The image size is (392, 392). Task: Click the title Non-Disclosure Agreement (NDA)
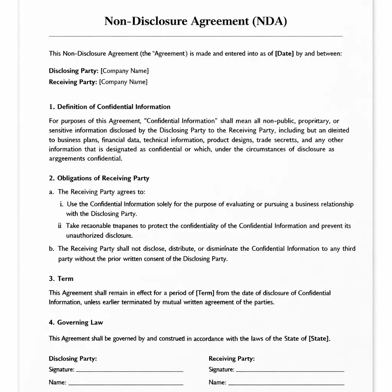coord(196,21)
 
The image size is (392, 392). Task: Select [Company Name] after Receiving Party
coord(123,82)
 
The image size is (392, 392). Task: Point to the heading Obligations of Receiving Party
coord(103,178)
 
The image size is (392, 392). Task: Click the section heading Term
coord(65,279)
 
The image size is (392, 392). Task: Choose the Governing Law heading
coord(80,322)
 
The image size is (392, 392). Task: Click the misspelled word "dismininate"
coord(222,249)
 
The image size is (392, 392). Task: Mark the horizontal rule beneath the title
coord(196,36)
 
